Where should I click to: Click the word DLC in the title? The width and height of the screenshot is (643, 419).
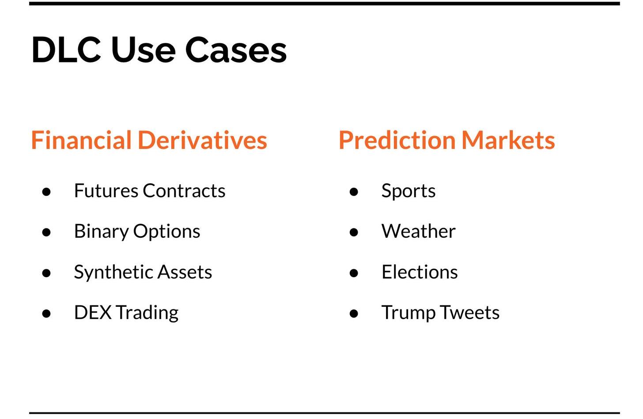pos(66,50)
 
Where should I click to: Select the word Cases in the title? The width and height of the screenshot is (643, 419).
pos(236,50)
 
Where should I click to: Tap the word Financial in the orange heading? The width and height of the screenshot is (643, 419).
pos(81,140)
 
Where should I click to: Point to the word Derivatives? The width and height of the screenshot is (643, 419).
pos(203,140)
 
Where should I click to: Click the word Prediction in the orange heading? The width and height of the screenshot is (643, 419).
pos(397,140)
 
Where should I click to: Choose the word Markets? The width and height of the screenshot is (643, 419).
pos(508,140)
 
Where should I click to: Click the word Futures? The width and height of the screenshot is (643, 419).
pos(106,190)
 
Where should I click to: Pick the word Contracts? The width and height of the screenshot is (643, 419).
pos(184,190)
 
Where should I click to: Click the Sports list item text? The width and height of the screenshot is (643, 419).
pos(408,191)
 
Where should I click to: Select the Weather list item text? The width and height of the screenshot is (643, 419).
pos(419,231)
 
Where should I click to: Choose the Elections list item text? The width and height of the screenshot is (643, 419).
pos(420,272)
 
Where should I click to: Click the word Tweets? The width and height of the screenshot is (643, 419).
pos(470,312)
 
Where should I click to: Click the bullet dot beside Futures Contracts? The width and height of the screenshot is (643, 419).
pos(46,192)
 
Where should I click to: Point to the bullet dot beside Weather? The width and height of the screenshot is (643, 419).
pos(354,232)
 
